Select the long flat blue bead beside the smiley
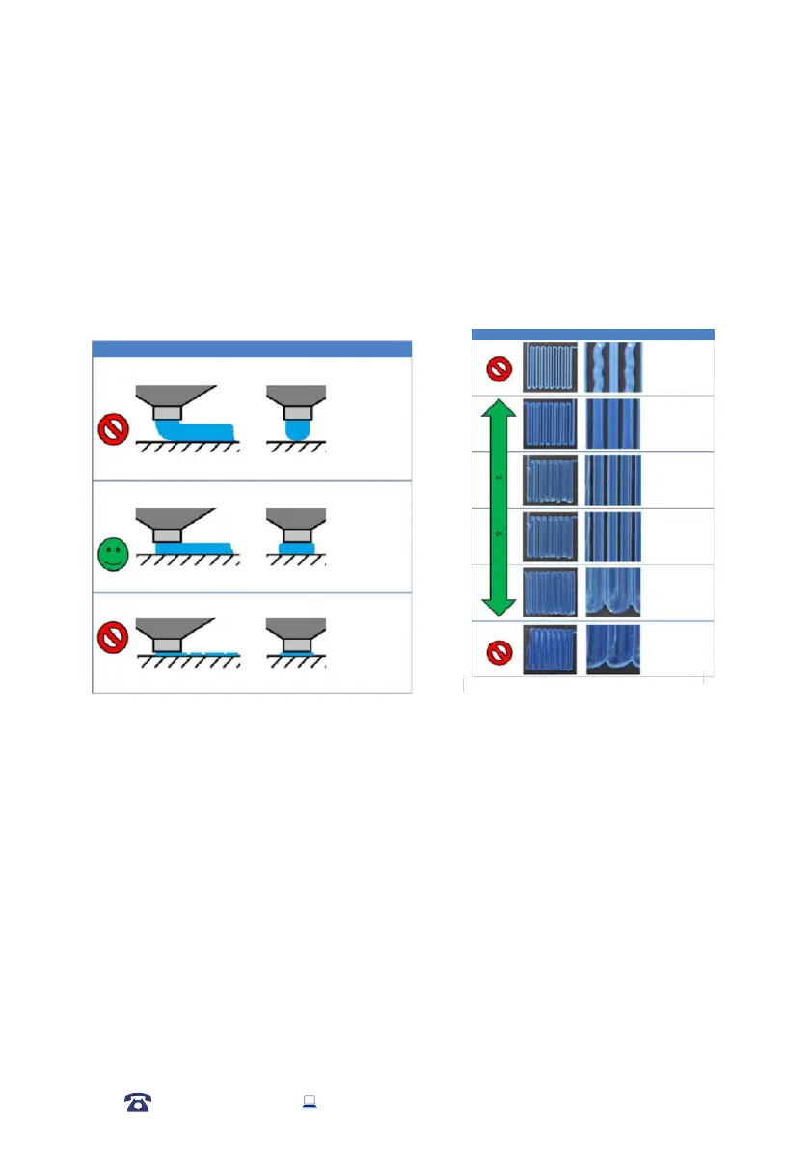[x=193, y=547]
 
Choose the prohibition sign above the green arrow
[x=499, y=368]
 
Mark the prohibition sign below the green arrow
[x=499, y=651]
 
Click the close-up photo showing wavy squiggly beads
[x=613, y=367]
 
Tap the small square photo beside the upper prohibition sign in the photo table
[x=550, y=367]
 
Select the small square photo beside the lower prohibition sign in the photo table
[x=550, y=649]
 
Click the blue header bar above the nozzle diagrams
[x=252, y=348]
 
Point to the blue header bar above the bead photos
[x=592, y=334]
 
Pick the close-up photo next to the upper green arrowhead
[x=613, y=423]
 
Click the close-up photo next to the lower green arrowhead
[x=613, y=592]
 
